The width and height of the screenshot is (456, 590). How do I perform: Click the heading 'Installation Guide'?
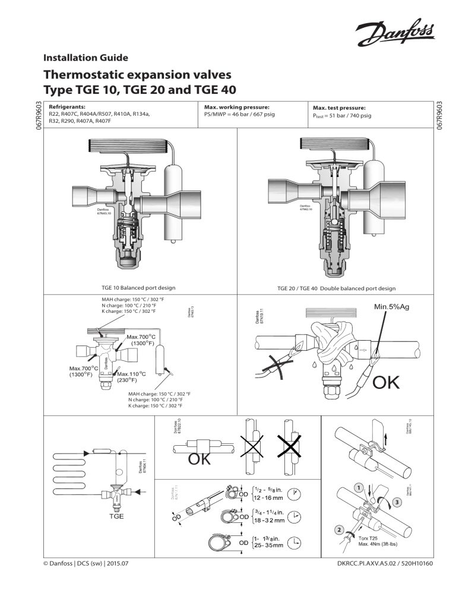coord(85,58)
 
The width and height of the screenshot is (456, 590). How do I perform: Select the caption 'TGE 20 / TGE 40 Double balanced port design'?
coord(336,288)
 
